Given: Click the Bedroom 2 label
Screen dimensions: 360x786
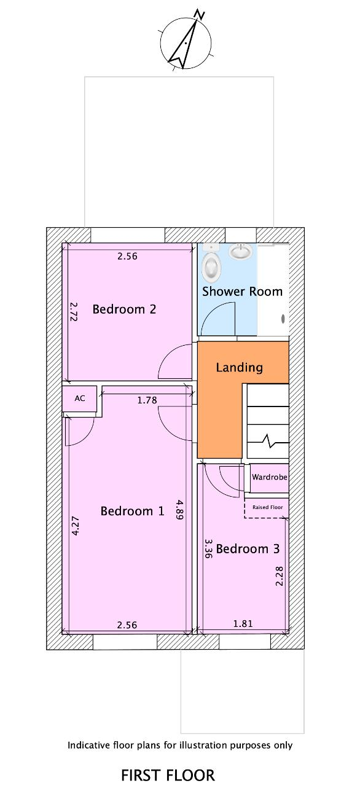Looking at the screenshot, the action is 124,309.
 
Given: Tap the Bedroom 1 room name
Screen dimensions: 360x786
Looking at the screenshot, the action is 132,511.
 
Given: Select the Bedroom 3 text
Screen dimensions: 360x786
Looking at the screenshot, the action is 248,549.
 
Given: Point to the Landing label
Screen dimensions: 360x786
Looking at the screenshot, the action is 240,367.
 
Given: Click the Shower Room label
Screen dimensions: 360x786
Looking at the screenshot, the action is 242,292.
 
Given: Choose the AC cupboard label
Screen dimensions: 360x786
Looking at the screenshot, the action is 80,399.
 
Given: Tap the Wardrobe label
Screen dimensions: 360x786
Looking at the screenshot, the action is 270,477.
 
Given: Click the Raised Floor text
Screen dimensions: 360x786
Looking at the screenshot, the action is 268,507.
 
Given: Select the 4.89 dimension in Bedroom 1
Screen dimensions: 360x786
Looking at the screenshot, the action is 179,510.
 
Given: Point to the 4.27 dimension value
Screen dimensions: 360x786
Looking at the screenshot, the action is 75,526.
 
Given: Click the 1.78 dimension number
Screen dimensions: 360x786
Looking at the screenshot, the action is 147,400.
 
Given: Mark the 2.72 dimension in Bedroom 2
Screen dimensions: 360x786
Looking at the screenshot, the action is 73,312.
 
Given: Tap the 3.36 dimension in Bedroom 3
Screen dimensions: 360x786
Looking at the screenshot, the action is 208,548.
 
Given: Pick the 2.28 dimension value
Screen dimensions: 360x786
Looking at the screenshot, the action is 280,576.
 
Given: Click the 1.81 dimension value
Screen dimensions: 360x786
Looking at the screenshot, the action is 243,623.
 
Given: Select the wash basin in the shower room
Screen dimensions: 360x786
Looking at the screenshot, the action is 240,252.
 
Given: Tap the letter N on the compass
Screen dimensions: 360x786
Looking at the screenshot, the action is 200,15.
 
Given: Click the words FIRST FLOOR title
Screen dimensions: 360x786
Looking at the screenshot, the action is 168,775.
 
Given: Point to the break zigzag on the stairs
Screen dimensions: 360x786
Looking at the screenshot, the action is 269,441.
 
